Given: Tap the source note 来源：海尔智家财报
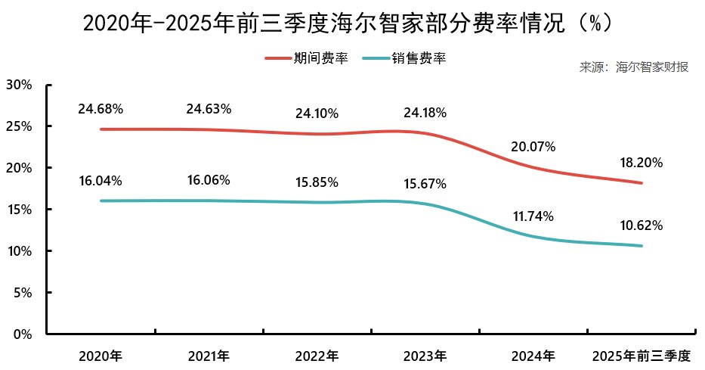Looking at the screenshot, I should click(633, 67).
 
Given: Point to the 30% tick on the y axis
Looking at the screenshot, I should click(19, 85).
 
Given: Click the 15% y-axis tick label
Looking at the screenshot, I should click(19, 210).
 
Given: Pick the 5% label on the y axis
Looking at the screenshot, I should click(22, 293).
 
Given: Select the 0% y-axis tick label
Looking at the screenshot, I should click(22, 334).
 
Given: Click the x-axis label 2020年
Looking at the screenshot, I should click(100, 356).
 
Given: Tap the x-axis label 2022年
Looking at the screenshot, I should click(317, 356).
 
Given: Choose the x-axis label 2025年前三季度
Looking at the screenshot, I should click(642, 356).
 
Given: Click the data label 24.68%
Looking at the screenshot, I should click(100, 109).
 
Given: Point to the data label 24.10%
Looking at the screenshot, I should click(317, 114).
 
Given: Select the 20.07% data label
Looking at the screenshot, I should click(533, 147).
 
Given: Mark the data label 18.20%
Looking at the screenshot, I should click(642, 162).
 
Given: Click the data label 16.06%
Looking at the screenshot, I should click(209, 181).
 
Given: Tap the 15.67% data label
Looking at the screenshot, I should click(425, 184).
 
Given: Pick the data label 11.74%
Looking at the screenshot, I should click(533, 216).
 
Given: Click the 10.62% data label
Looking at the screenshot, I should click(642, 225).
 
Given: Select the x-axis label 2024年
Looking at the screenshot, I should click(533, 356).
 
